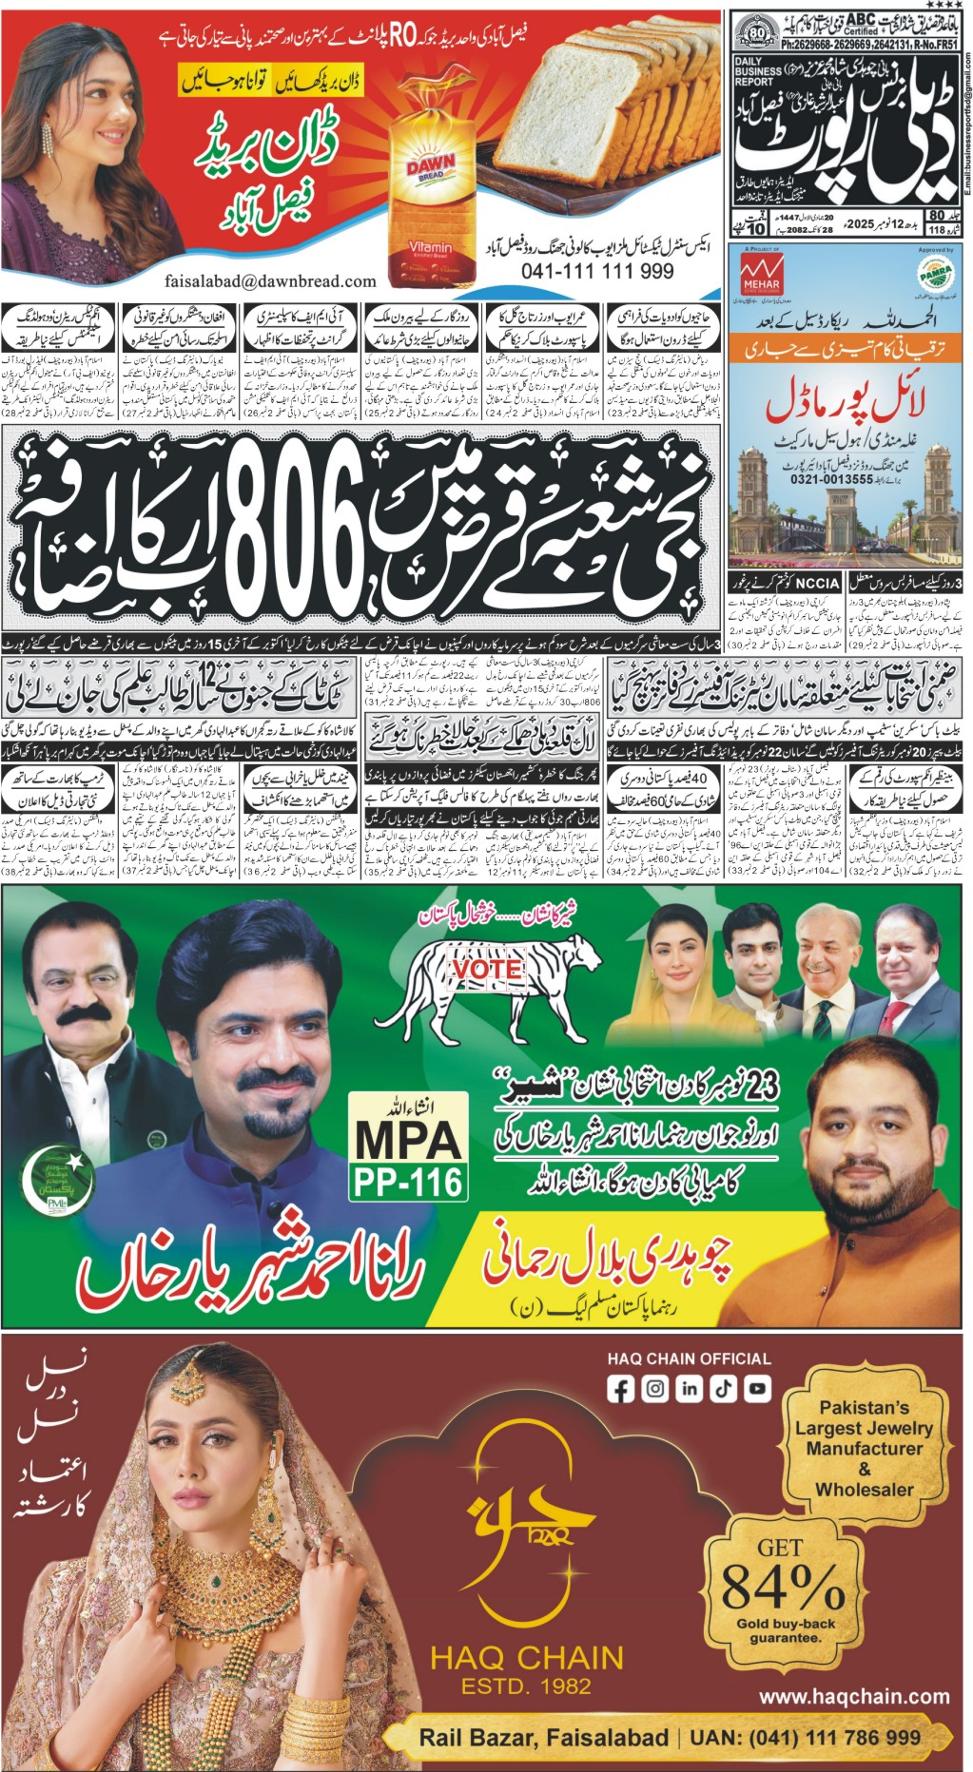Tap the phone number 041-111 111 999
[x=597, y=272]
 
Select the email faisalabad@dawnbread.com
[x=270, y=281]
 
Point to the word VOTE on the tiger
[x=487, y=969]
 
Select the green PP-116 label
[x=408, y=1183]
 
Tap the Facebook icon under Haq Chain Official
[x=621, y=1389]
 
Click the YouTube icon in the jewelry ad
[x=757, y=1389]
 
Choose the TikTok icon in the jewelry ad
[x=723, y=1389]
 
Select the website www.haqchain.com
[x=854, y=1696]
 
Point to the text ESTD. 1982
[x=526, y=1687]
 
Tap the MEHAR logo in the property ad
[x=760, y=273]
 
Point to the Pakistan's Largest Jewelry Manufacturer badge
[x=864, y=1448]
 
